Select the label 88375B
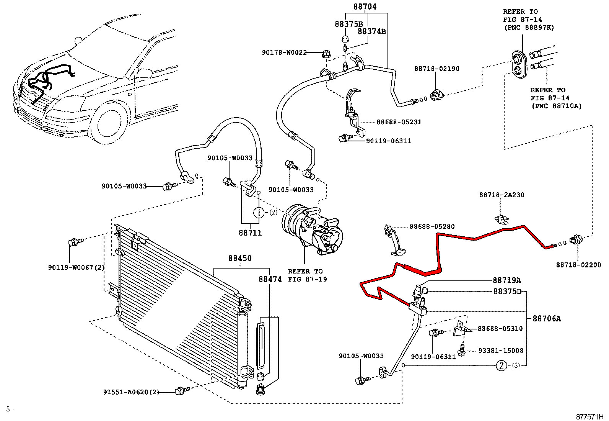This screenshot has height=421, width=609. (x=348, y=24)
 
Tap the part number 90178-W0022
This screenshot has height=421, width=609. (x=284, y=52)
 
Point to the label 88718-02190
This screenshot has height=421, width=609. (x=436, y=69)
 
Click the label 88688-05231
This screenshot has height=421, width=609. (x=399, y=122)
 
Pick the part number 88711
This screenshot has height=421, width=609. (x=250, y=233)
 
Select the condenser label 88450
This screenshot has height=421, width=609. (x=240, y=259)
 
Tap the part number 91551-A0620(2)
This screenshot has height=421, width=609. (x=131, y=392)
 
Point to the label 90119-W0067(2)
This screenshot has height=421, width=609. (x=76, y=267)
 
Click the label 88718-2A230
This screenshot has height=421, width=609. (x=502, y=195)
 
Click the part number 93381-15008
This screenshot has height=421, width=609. (x=500, y=351)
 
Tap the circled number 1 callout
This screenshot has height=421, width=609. (x=259, y=213)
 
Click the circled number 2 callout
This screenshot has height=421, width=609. (x=501, y=365)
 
